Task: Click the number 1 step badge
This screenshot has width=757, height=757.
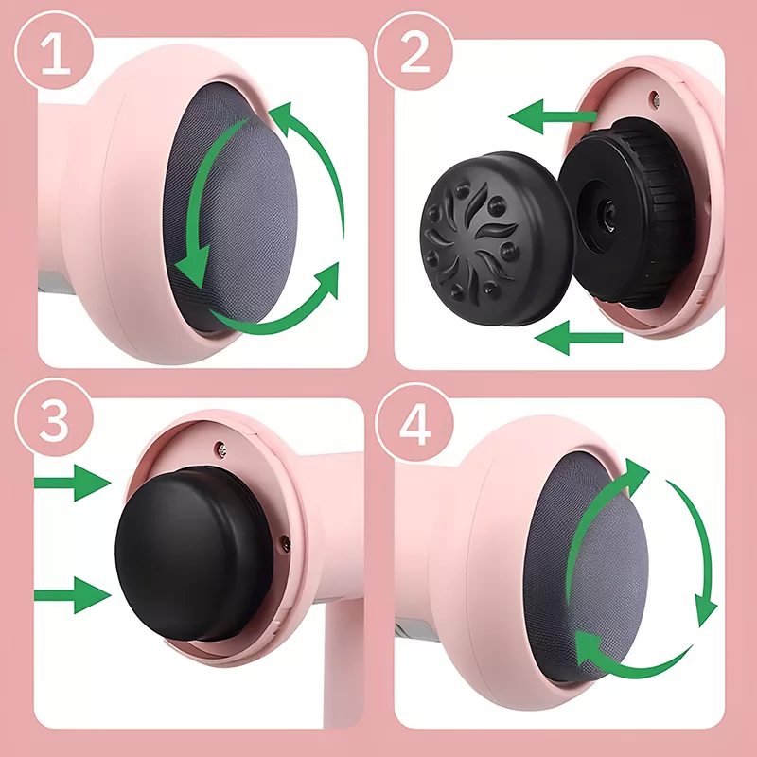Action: [x=54, y=51]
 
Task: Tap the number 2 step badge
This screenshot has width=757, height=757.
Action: [x=414, y=51]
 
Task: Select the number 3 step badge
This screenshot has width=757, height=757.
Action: [x=54, y=418]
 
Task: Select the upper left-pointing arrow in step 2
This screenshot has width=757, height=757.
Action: [x=553, y=116]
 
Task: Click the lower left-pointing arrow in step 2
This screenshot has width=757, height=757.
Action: [x=578, y=338]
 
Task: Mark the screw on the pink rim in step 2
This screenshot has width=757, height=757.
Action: [x=655, y=97]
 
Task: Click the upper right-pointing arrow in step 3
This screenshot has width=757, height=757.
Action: [x=73, y=483]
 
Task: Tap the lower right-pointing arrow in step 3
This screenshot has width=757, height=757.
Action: [x=73, y=595]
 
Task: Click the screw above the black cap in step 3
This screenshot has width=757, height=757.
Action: [x=222, y=449]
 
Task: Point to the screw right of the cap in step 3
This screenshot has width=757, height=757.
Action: [x=286, y=542]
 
